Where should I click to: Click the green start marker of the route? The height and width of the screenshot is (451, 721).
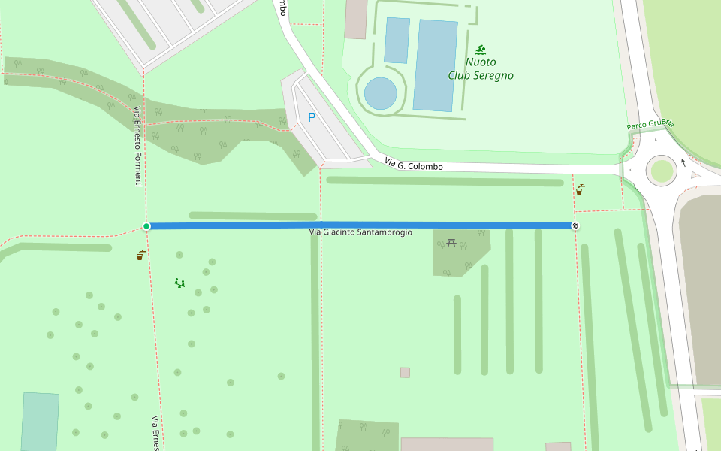tap(146, 226)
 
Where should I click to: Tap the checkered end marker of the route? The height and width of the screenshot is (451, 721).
tap(575, 225)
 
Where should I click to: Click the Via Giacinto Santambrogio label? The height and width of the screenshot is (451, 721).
tap(360, 232)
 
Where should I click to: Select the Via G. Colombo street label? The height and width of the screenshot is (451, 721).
tap(413, 164)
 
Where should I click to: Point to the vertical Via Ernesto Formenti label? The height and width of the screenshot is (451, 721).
tap(137, 147)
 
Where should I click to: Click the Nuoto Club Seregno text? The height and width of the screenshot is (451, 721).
tap(481, 69)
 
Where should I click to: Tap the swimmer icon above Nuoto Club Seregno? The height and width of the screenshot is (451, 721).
tap(481, 50)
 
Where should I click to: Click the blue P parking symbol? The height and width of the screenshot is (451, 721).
tap(312, 117)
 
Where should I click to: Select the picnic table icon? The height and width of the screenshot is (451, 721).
tap(451, 242)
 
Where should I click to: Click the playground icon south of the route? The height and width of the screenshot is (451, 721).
tap(179, 283)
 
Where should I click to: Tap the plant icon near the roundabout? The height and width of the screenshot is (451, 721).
tap(580, 189)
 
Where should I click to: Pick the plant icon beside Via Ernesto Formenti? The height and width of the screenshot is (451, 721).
tap(140, 255)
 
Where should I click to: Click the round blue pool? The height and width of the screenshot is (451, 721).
tap(381, 93)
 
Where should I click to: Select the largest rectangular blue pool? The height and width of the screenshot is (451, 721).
tap(436, 65)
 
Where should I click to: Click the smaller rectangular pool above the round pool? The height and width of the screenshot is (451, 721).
tap(397, 41)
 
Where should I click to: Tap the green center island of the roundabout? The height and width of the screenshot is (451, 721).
tap(662, 171)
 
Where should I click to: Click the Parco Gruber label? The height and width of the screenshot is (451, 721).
tap(650, 124)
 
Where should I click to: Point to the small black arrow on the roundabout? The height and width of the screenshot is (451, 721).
tap(683, 162)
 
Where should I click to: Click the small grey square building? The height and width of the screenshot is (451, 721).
tap(405, 372)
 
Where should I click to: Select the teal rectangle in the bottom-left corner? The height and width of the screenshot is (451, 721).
tap(40, 421)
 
